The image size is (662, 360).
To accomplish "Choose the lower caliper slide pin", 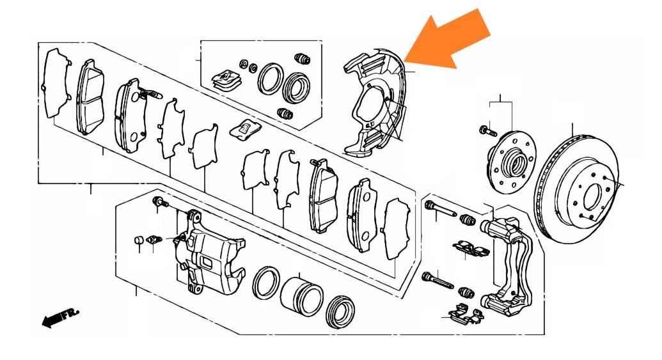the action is [x=437, y=280].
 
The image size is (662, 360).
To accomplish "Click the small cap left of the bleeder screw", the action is [x=139, y=240].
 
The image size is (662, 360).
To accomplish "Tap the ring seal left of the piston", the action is [x=266, y=283].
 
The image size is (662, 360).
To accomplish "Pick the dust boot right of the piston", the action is [x=341, y=311].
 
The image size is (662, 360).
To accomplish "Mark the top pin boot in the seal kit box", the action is [x=302, y=58].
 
